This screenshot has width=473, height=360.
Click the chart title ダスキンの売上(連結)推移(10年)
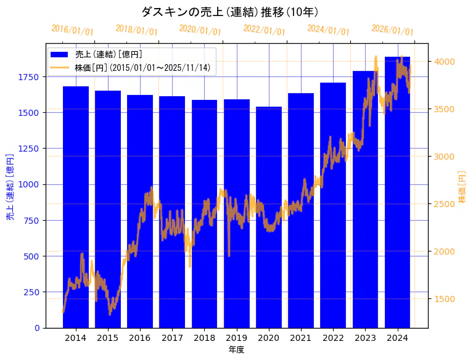pos(229,12)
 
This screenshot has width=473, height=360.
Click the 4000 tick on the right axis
pos(445,62)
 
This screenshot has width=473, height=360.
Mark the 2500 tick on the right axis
pos(445,204)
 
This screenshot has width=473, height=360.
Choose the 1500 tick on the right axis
pos(445,299)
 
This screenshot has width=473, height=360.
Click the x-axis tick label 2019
pos(237,338)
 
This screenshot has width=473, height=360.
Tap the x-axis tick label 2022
pos(333,338)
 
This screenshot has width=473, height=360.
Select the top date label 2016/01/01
pos(72,30)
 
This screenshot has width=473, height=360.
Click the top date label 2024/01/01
pos(328,30)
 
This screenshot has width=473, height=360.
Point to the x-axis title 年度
pos(236,350)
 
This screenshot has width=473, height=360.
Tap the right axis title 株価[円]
pos(463,187)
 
